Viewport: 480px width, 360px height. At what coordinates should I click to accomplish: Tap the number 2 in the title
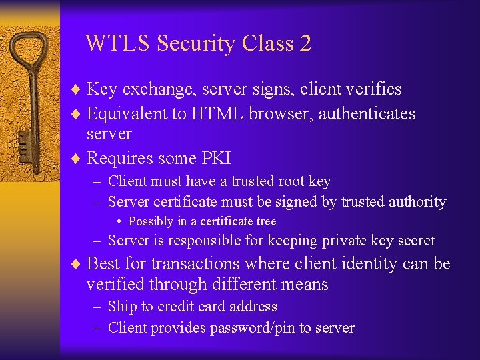(305, 43)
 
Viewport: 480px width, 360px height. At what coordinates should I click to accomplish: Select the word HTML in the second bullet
(217, 114)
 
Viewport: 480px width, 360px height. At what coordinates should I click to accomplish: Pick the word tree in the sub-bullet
(265, 221)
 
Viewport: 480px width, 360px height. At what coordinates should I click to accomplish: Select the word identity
(370, 263)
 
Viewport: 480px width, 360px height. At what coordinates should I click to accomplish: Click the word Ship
(122, 307)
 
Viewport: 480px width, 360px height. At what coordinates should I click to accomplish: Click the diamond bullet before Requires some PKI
(76, 159)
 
